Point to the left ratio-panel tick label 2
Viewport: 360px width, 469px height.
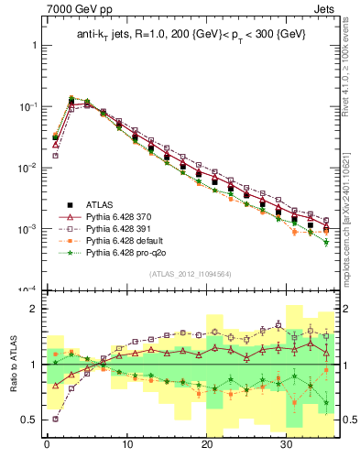[x=30, y=309]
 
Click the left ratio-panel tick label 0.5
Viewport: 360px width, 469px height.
[x=27, y=420]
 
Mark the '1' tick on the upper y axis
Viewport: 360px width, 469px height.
[x=32, y=45]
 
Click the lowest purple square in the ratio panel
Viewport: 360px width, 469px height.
[x=56, y=419]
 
